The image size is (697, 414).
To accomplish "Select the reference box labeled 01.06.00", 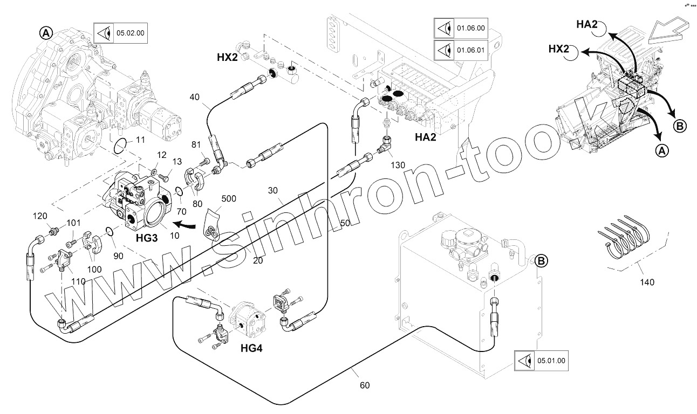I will (460, 27).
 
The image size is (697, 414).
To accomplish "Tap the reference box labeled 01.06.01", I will (460, 51).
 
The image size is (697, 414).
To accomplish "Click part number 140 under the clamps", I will (647, 282).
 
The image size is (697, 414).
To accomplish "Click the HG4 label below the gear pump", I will (251, 349).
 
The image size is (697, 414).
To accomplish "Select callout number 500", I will (229, 198).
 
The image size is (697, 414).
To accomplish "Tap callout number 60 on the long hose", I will (365, 385).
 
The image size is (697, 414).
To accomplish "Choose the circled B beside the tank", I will (541, 261).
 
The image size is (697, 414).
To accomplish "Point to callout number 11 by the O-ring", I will (140, 140).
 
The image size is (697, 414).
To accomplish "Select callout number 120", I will (40, 216).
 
